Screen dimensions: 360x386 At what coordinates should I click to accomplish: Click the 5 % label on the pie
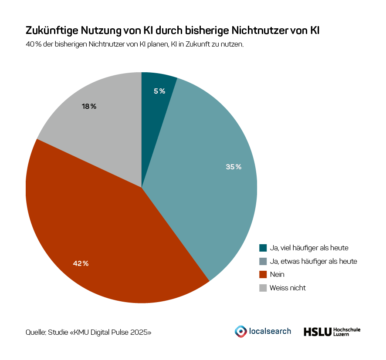click(159, 91)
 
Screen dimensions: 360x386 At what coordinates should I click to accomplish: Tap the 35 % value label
click(234, 167)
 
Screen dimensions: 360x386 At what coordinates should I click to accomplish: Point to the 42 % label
click(81, 263)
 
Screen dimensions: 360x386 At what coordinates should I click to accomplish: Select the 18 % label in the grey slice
click(89, 106)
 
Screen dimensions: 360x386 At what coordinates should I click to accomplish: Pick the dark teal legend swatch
click(263, 248)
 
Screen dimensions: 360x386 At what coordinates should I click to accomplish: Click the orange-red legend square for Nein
click(263, 274)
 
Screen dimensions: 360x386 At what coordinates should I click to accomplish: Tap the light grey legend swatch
click(263, 288)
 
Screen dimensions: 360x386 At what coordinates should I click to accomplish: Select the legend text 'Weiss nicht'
click(288, 288)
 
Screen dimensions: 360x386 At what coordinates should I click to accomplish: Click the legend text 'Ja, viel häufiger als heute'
click(309, 248)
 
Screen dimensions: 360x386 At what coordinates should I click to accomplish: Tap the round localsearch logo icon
click(240, 331)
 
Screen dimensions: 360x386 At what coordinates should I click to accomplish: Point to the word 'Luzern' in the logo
click(341, 334)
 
